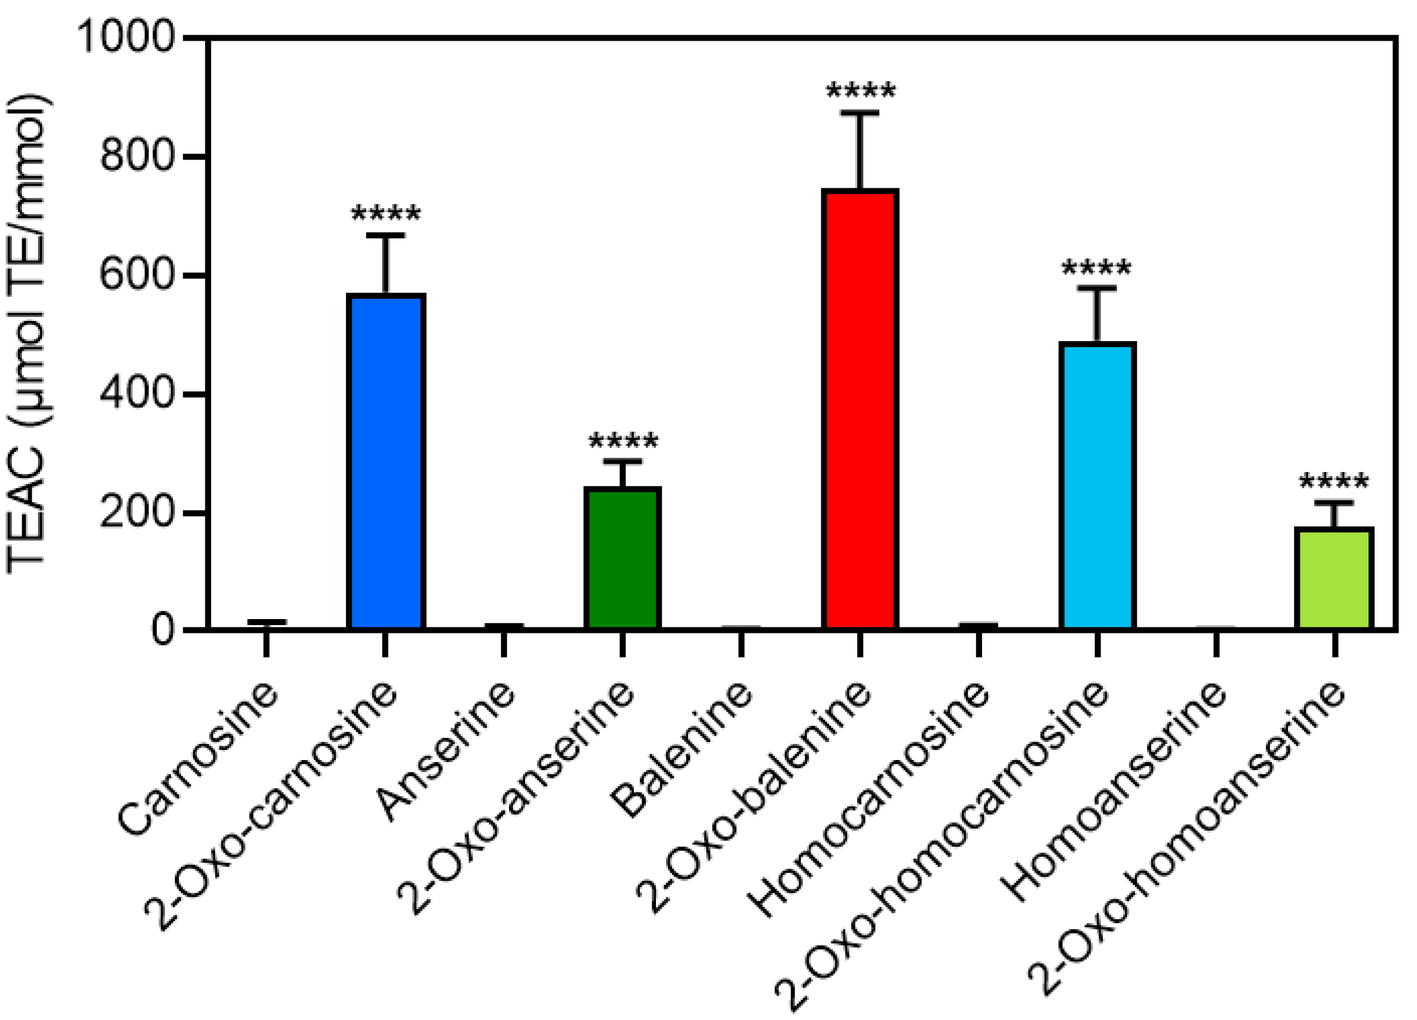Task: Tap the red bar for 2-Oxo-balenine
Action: pyautogui.click(x=860, y=409)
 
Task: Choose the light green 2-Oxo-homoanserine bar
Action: pyautogui.click(x=1334, y=578)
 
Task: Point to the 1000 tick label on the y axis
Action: pyautogui.click(x=125, y=38)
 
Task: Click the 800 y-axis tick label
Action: pyautogui.click(x=136, y=156)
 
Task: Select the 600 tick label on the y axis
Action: pyautogui.click(x=136, y=275)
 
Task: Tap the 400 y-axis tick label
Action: pyautogui.click(x=136, y=394)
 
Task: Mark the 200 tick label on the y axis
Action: pyautogui.click(x=136, y=513)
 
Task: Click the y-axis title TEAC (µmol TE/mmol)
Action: pyautogui.click(x=28, y=335)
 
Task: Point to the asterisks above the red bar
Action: pyautogui.click(x=860, y=93)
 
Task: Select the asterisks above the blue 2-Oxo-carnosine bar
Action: pyautogui.click(x=385, y=215)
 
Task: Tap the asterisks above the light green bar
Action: pyautogui.click(x=1334, y=482)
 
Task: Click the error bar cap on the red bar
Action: pyautogui.click(x=860, y=113)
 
